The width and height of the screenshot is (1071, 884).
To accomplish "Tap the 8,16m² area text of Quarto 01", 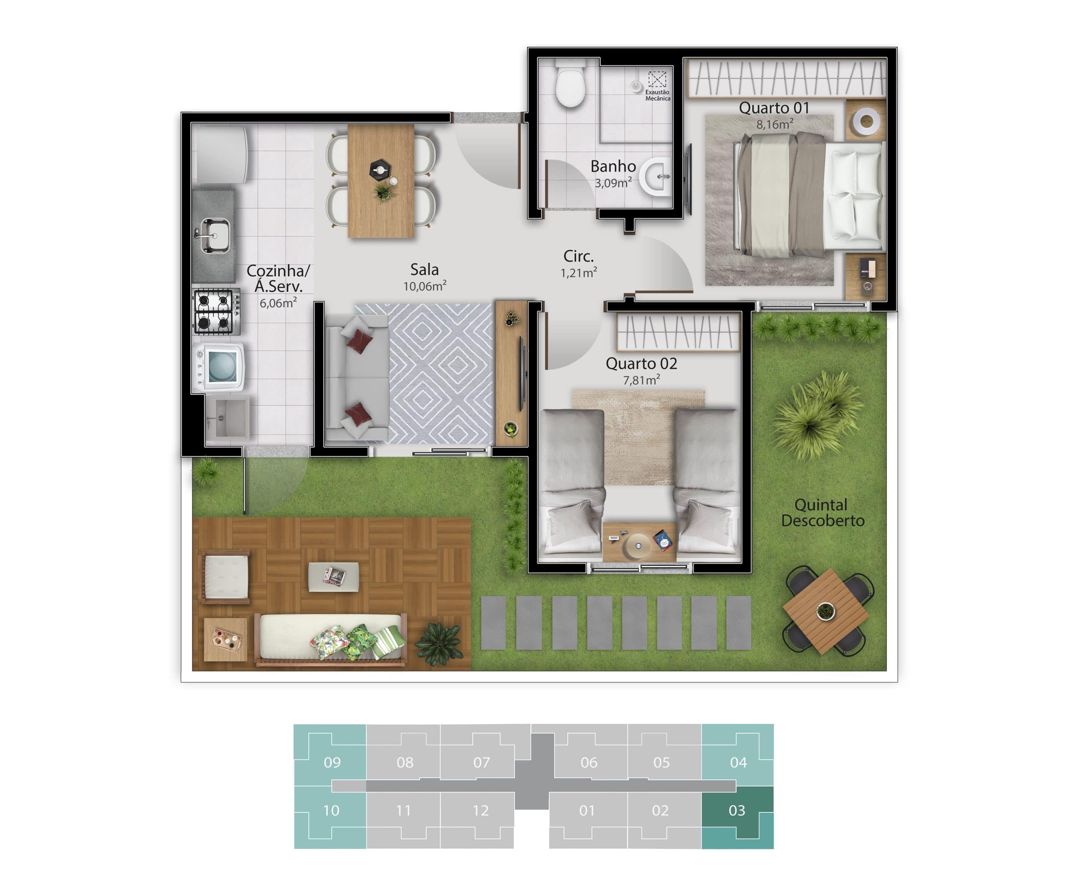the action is pyautogui.click(x=774, y=124).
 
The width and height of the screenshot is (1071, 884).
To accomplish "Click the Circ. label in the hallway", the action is pyautogui.click(x=578, y=256).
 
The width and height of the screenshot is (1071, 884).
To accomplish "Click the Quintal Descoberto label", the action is pyautogui.click(x=822, y=512).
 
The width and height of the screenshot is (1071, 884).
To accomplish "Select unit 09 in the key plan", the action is pyautogui.click(x=332, y=762).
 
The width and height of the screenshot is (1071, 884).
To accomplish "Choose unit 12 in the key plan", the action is pyautogui.click(x=480, y=811).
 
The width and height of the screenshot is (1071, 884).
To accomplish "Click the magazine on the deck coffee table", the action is pyautogui.click(x=333, y=576).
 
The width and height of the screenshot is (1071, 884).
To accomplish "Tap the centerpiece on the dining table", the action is pyautogui.click(x=380, y=170).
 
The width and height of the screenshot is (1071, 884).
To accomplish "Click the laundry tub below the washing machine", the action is pyautogui.click(x=228, y=418).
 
